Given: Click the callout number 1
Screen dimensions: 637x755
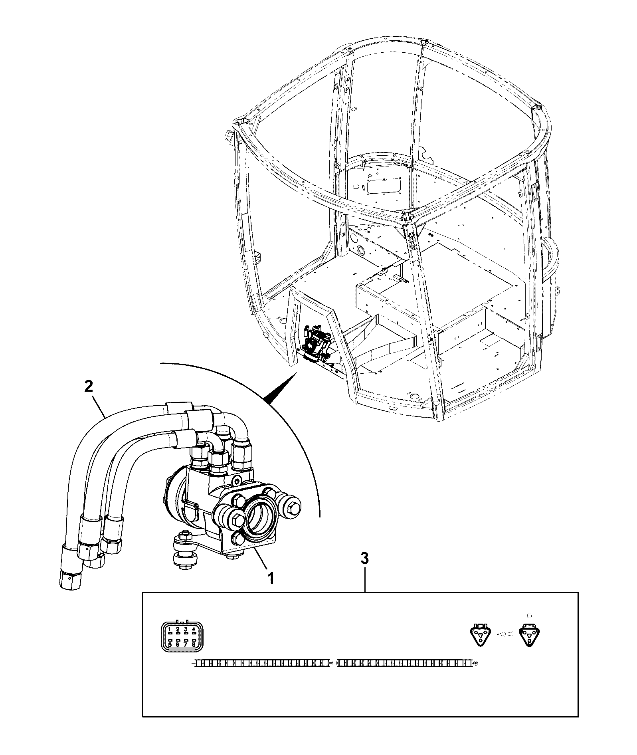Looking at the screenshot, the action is point(270,578).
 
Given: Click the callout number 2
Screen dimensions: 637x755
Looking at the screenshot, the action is point(89,386).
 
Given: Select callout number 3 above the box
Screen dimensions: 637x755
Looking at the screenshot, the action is point(364,559).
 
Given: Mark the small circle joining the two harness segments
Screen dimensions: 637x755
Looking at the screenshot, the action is point(334,664).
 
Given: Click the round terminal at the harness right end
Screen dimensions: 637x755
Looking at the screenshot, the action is point(475,664).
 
